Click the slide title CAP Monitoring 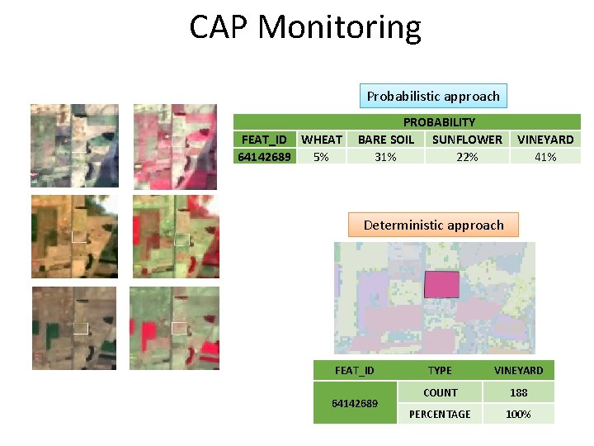(304, 27)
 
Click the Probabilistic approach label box (433, 96)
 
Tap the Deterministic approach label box (433, 225)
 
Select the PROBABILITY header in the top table (439, 122)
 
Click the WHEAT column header (322, 140)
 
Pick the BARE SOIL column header (385, 140)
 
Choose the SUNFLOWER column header (467, 140)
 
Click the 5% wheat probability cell (321, 156)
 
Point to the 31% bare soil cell (385, 156)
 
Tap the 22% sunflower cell (467, 156)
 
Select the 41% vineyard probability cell (545, 156)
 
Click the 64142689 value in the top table (263, 156)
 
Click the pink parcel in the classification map (441, 284)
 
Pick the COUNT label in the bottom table (440, 392)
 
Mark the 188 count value (518, 392)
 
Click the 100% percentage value (518, 414)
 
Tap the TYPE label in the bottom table (440, 370)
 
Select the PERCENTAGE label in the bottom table (440, 414)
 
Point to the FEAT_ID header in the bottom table (355, 370)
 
